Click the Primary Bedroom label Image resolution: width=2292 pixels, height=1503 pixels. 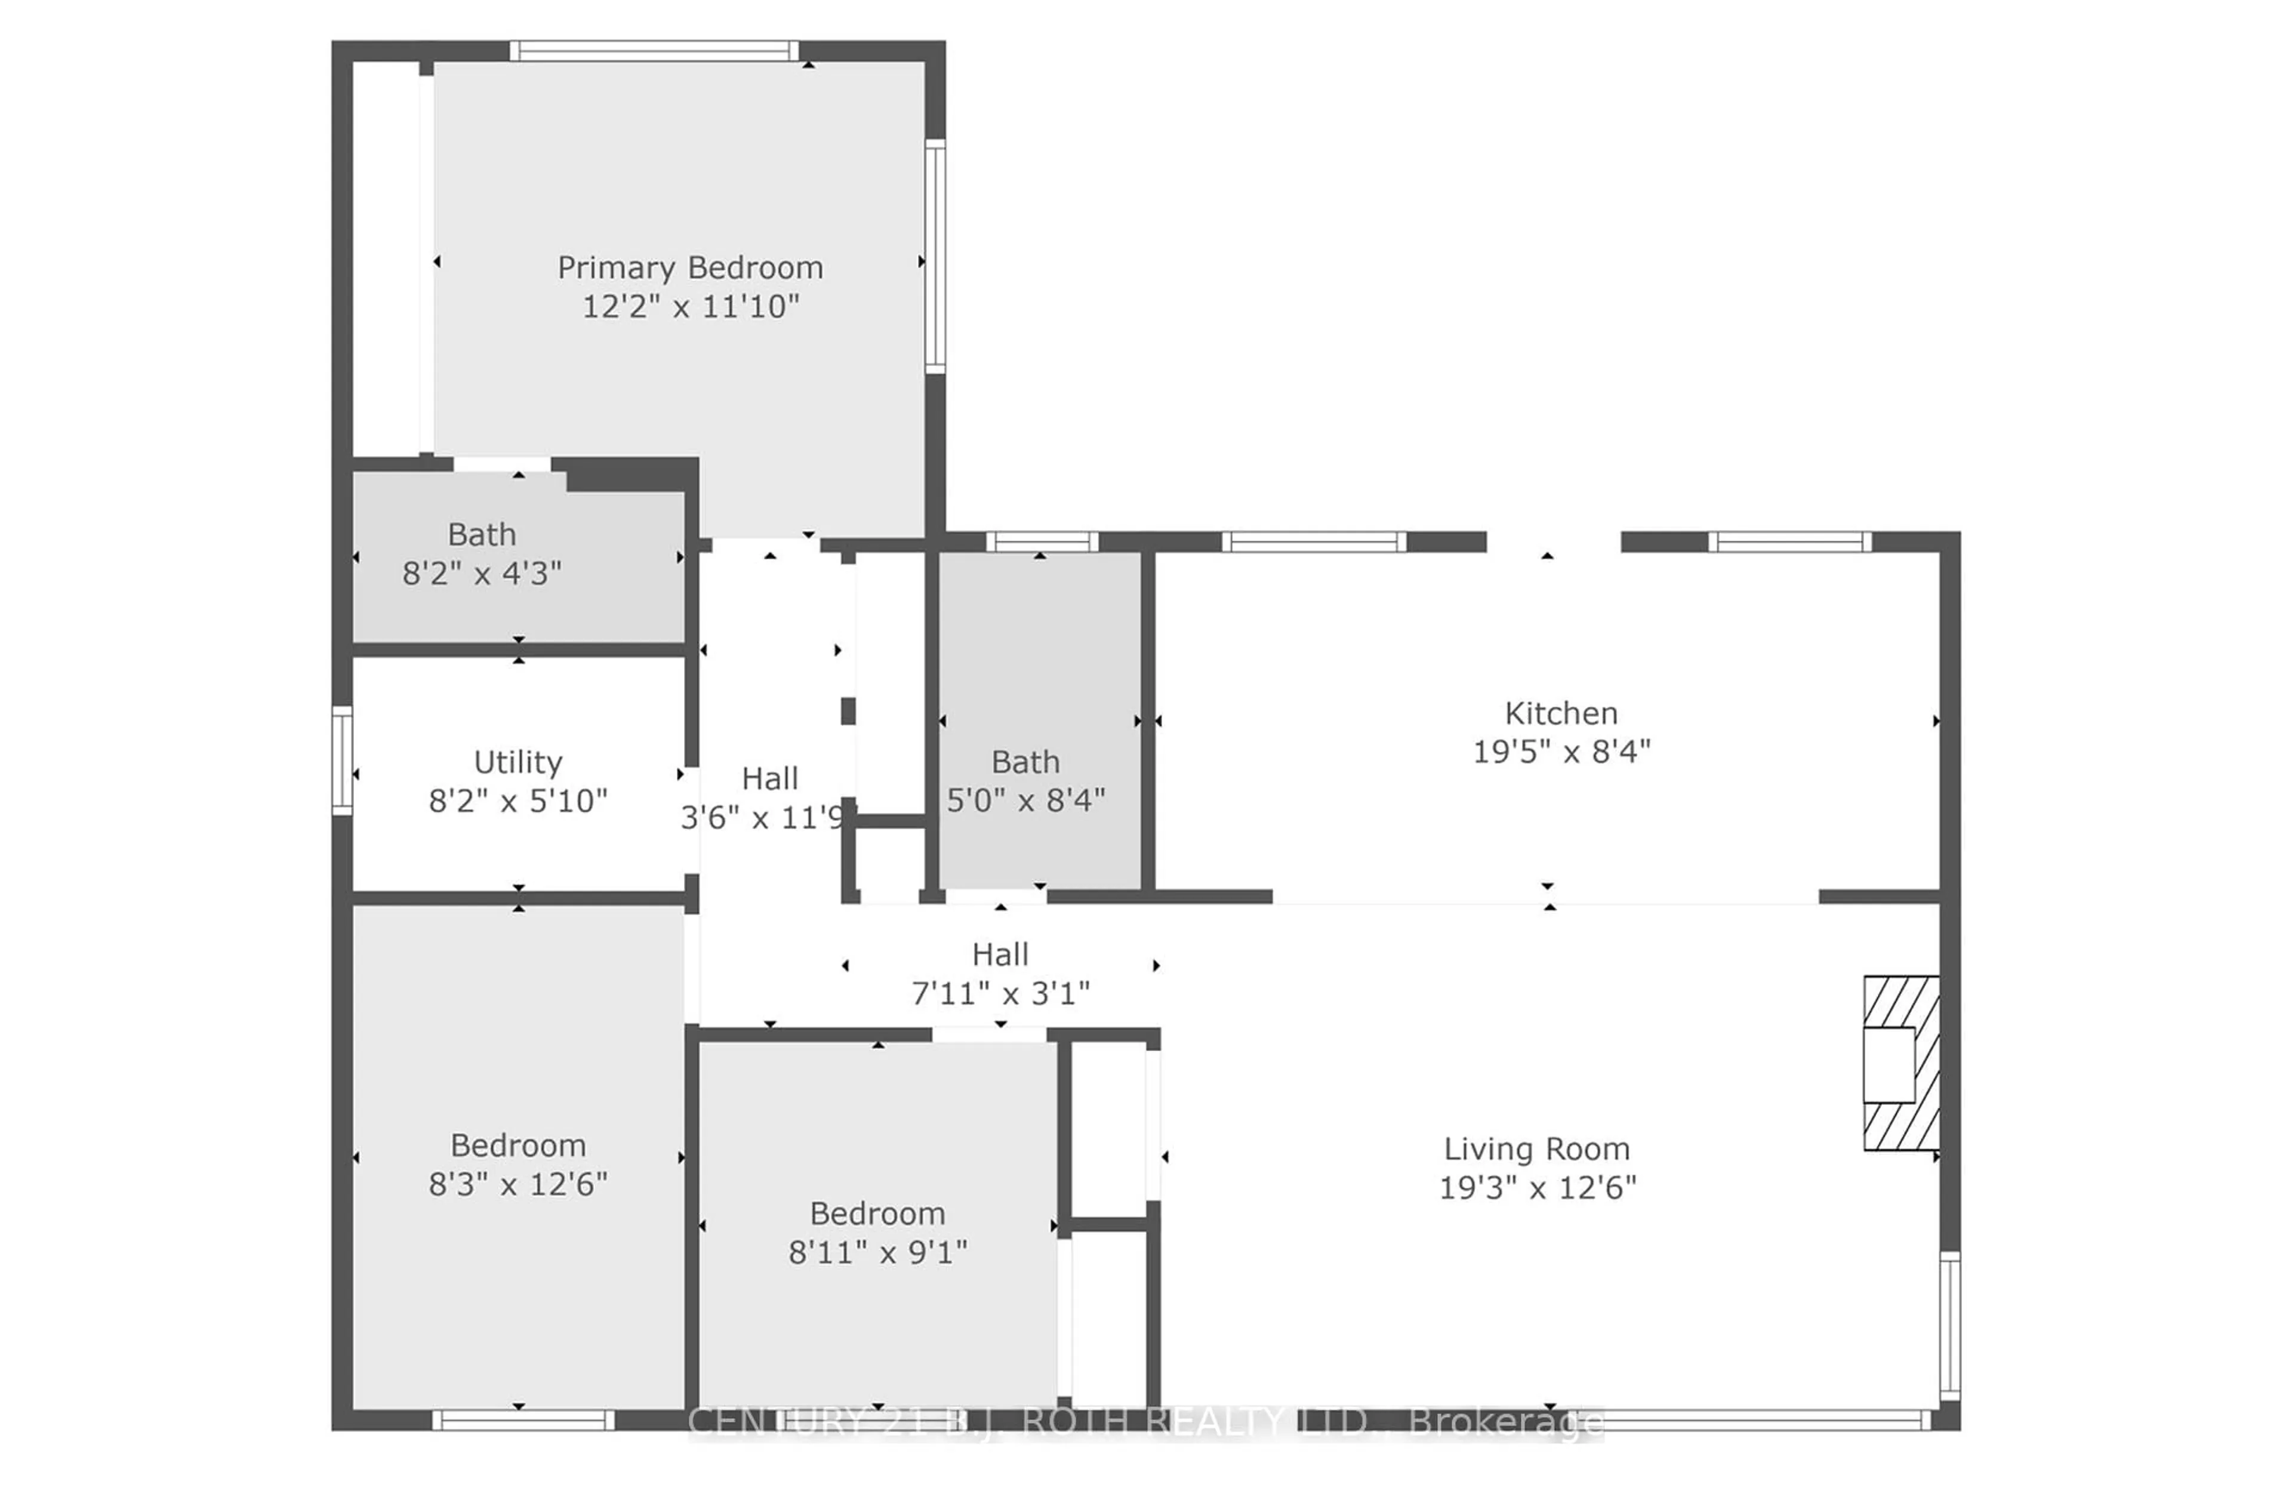(689, 267)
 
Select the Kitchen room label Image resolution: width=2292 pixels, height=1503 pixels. (1560, 713)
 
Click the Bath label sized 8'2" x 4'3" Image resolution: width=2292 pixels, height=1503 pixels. (482, 534)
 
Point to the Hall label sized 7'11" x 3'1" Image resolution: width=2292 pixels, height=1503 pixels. (1000, 954)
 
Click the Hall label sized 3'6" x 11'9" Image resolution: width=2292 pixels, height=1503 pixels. (769, 778)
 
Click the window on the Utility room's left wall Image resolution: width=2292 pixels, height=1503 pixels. (342, 760)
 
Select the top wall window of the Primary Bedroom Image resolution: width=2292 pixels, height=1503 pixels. (654, 51)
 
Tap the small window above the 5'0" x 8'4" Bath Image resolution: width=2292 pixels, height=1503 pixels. (1042, 542)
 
